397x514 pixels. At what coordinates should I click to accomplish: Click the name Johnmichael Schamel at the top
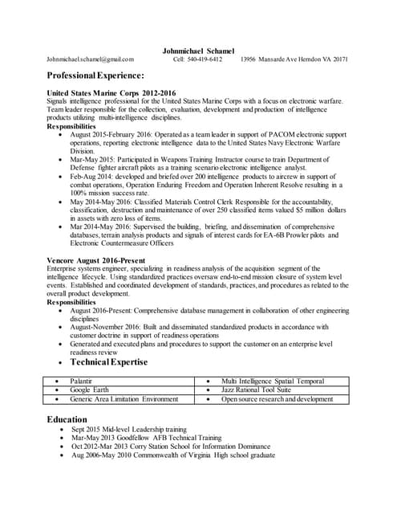coord(198,51)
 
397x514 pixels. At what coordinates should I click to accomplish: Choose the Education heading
coord(67,419)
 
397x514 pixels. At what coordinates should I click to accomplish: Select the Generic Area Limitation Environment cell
coord(124,399)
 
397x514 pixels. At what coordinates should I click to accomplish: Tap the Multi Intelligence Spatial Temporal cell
coord(272,380)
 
